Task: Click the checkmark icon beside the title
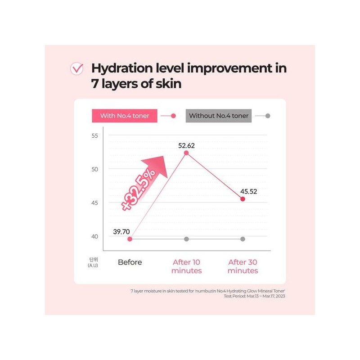click(77, 69)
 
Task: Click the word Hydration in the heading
click(122, 69)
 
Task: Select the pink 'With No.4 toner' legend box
click(125, 116)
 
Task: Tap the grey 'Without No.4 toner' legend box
click(219, 116)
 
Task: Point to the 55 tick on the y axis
click(94, 136)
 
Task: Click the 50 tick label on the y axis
click(94, 170)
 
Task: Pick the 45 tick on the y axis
click(94, 203)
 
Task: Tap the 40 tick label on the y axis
click(94, 237)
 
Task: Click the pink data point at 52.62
click(186, 153)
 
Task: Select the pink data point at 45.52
click(243, 199)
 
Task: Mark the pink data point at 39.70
click(130, 239)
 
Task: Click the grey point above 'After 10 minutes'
click(186, 239)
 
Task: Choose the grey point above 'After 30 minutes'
click(243, 239)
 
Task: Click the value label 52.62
click(186, 145)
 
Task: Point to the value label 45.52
click(249, 192)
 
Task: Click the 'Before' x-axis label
click(130, 262)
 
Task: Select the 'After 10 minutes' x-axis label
click(186, 266)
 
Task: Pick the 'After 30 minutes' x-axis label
click(243, 266)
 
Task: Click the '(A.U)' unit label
click(93, 265)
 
